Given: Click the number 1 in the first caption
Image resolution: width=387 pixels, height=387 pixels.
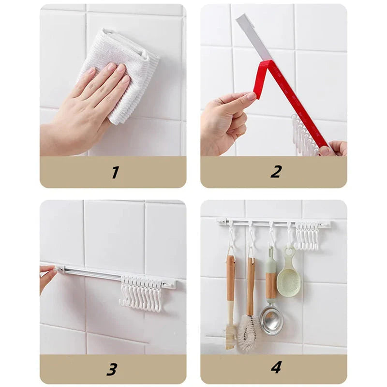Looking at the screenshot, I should [x=115, y=172].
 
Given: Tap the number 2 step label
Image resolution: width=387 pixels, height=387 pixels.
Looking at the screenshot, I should [x=275, y=172].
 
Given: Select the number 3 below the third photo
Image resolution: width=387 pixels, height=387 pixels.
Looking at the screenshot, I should [x=112, y=369].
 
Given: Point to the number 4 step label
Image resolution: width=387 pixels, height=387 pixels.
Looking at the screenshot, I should [x=276, y=368].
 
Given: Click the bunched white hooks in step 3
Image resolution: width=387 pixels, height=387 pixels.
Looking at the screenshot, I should [x=141, y=293].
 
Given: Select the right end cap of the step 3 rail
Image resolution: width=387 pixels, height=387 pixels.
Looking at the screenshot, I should [x=169, y=285].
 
